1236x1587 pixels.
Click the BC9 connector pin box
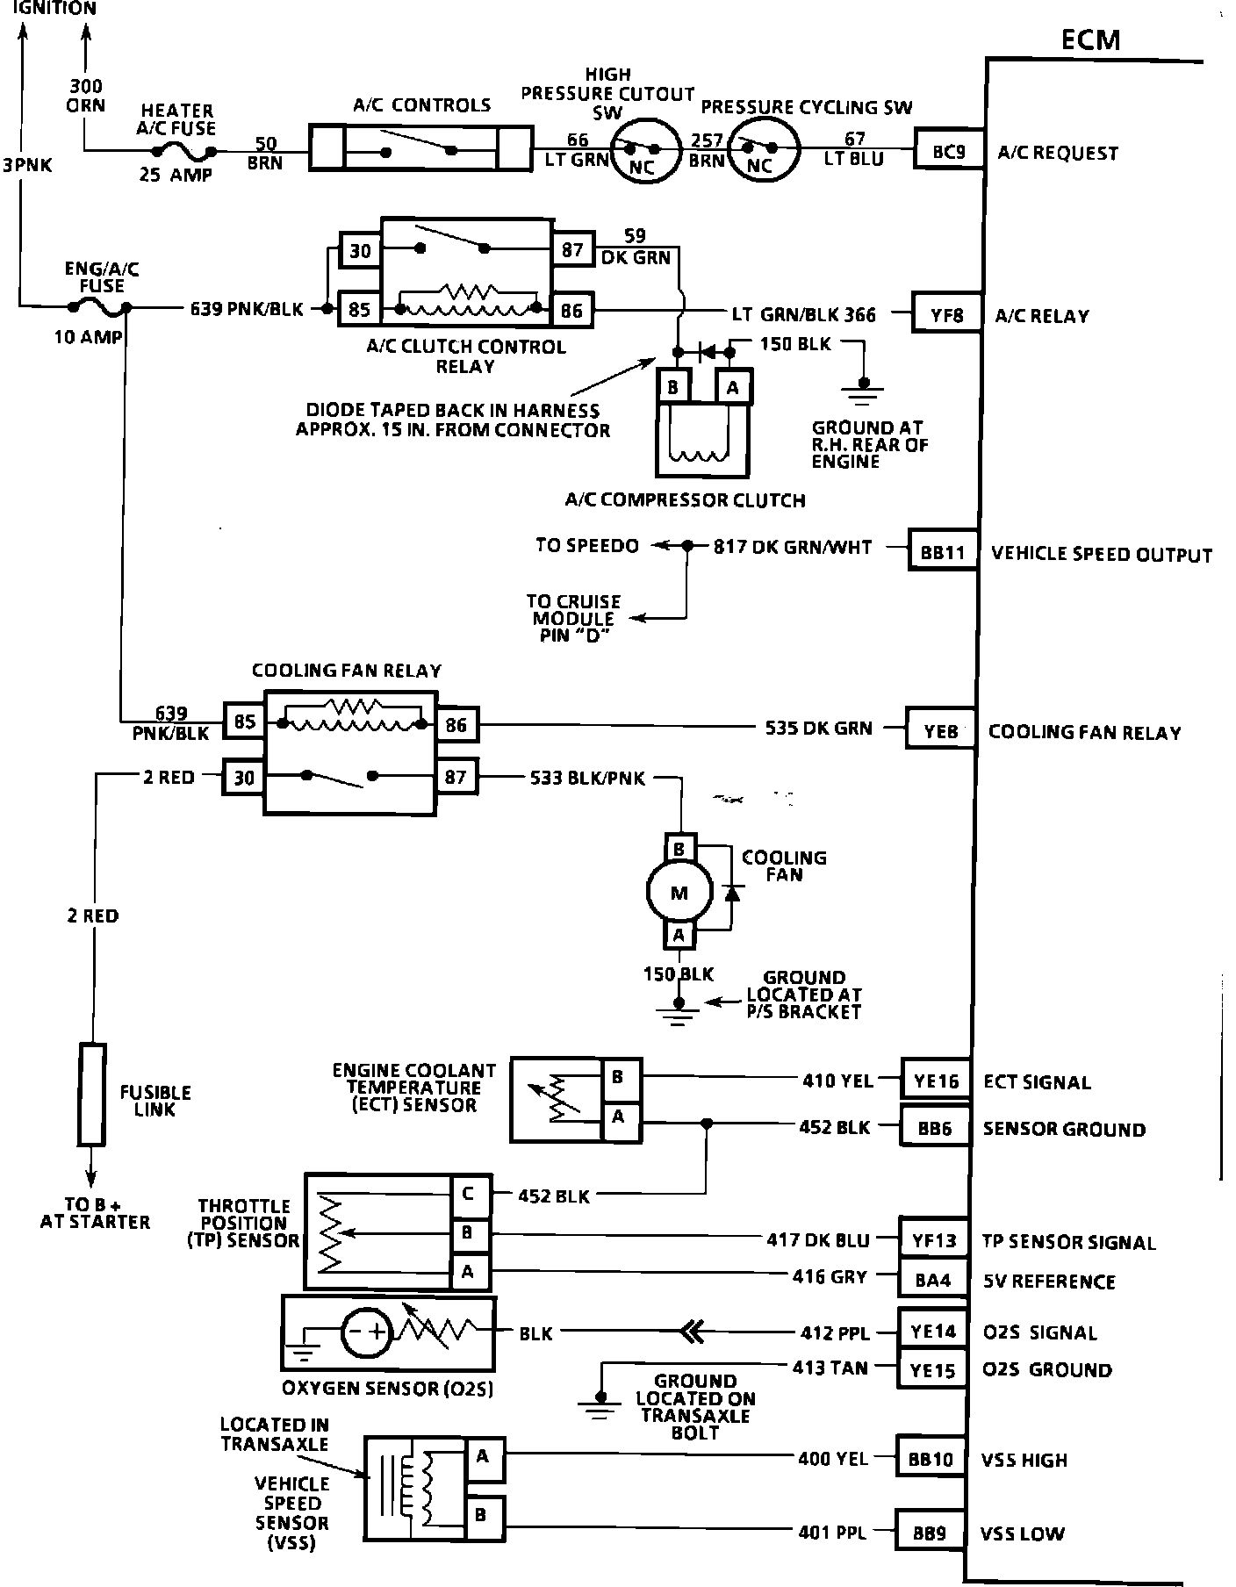(949, 151)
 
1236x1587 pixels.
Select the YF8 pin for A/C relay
(947, 314)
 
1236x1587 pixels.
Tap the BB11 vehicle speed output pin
(943, 552)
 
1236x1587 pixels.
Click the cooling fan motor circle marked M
(679, 894)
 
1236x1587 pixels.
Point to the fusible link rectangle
(92, 1094)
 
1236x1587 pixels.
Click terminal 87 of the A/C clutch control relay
(572, 250)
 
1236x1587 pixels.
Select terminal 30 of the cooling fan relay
(244, 777)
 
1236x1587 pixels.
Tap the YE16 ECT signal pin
(937, 1081)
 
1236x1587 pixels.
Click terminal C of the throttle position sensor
(468, 1194)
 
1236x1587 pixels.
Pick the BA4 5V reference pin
(933, 1280)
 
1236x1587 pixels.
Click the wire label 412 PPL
(835, 1332)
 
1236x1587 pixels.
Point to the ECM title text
(1090, 39)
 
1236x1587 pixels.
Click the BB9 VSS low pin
(929, 1533)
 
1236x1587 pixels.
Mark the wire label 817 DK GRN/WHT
(793, 547)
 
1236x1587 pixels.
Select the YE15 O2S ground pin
(932, 1369)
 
